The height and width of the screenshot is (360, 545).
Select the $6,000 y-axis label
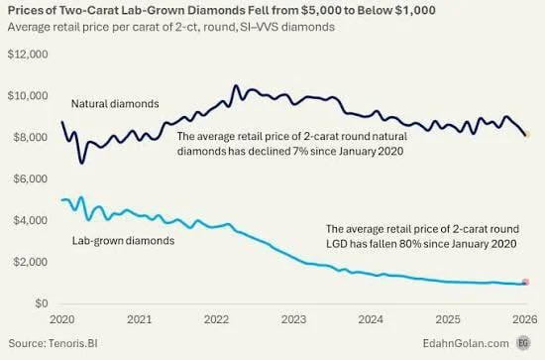click(x=29, y=179)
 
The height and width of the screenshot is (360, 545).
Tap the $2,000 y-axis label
click(x=29, y=262)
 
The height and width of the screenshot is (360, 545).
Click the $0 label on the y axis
click(x=40, y=303)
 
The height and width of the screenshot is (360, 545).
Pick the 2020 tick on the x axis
click(x=61, y=320)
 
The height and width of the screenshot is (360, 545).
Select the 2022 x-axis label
click(x=216, y=320)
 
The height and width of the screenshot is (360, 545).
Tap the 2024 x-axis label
click(x=371, y=320)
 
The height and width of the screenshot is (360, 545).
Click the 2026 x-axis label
click(x=524, y=320)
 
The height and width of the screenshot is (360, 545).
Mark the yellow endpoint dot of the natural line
click(x=527, y=134)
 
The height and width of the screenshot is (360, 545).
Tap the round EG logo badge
click(x=524, y=343)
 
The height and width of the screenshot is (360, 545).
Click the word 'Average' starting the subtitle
click(x=30, y=27)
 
